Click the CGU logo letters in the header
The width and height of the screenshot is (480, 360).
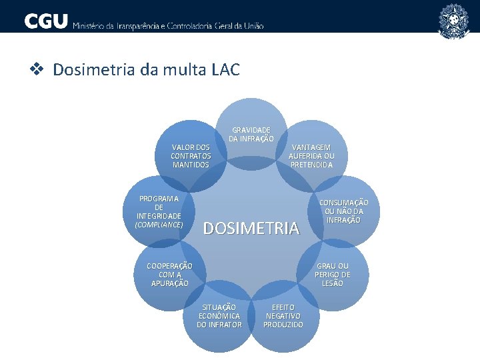pos(46,21)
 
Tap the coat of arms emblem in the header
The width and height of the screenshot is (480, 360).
pos(453,20)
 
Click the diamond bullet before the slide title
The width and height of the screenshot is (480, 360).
pos(39,69)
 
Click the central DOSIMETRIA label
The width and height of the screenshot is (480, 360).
pos(251,229)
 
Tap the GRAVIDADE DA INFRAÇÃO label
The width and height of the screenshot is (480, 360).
pos(251,134)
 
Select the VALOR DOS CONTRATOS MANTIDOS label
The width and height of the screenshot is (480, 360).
pos(191,155)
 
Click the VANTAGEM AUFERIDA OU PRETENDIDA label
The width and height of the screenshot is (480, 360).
pos(311,156)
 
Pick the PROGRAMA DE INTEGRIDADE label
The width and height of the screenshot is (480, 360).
pos(159,207)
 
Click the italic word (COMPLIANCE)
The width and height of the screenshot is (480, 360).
pos(159,225)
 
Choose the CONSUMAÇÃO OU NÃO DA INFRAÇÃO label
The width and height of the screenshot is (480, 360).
pos(343,211)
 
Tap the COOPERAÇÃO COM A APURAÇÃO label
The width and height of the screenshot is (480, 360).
pos(169,275)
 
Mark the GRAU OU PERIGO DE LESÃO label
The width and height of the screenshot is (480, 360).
pos(333,275)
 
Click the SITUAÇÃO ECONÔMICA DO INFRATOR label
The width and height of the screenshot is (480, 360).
pos(219,316)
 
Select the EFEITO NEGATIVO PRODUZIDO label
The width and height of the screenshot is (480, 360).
pos(283,316)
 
